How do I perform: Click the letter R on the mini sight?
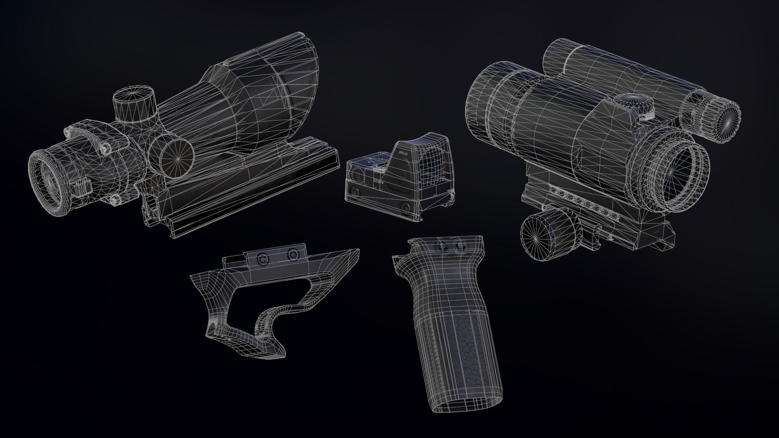pos(351,166)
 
